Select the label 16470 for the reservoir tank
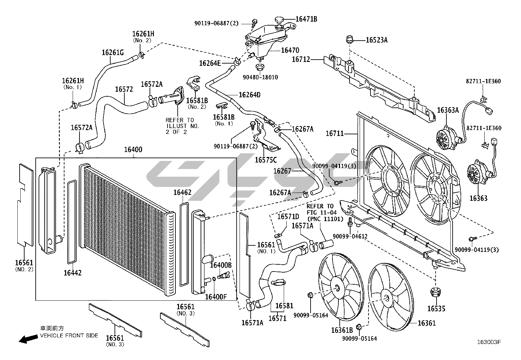pyautogui.click(x=290, y=50)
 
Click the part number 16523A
pyautogui.click(x=376, y=40)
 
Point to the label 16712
pyautogui.click(x=300, y=60)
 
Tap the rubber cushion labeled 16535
pyautogui.click(x=435, y=292)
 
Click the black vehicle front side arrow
pyautogui.click(x=27, y=339)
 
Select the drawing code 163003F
pyautogui.click(x=489, y=342)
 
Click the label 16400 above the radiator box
pyautogui.click(x=133, y=150)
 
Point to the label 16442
pyautogui.click(x=73, y=273)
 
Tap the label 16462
pyautogui.click(x=182, y=193)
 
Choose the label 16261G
pyautogui.click(x=113, y=52)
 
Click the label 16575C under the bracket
pyautogui.click(x=265, y=160)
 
